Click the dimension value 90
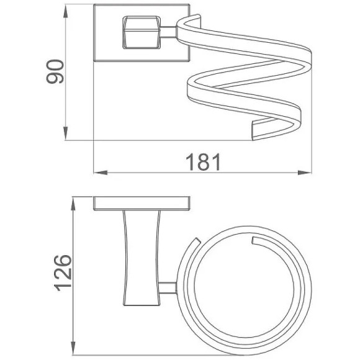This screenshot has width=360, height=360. (x=55, y=71)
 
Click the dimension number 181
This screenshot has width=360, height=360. (x=204, y=163)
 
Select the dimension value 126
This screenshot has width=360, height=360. (x=63, y=273)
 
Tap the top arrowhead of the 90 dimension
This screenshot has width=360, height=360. (x=66, y=11)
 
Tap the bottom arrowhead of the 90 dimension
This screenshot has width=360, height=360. (x=66, y=133)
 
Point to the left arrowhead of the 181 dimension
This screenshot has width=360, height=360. (x=101, y=173)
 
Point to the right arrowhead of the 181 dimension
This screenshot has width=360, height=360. (x=305, y=173)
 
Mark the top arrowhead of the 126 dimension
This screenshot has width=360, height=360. (x=73, y=204)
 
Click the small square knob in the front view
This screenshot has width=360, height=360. (x=142, y=32)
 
